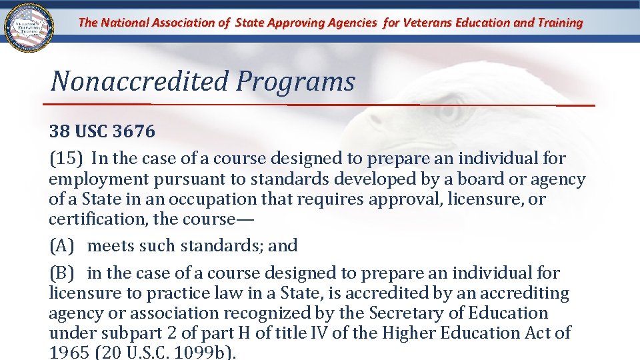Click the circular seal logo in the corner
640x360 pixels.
(x=29, y=29)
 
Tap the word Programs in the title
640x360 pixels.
(x=295, y=82)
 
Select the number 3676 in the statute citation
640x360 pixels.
(x=134, y=132)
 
